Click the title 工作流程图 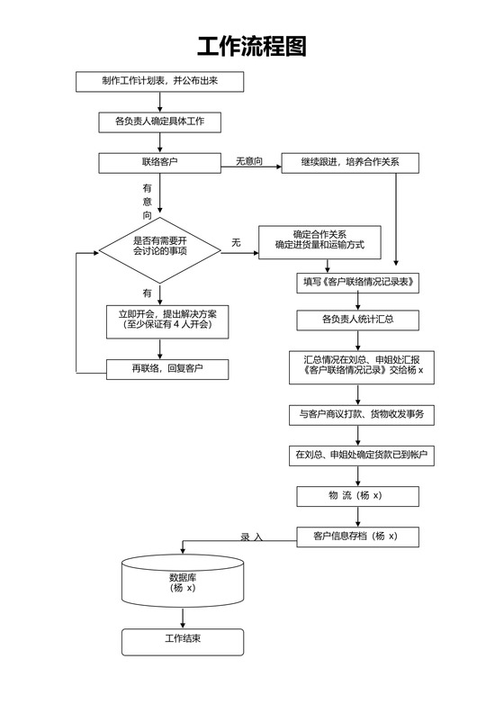(252, 46)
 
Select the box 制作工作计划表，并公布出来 (159, 81)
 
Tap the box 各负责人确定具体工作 (159, 122)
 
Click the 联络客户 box (159, 162)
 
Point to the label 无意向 (249, 161)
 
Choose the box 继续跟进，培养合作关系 (352, 163)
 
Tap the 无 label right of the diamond (236, 243)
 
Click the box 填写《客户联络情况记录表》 (358, 283)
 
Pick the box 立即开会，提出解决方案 (166, 319)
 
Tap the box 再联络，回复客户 (166, 369)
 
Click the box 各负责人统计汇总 (358, 320)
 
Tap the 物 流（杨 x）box (357, 496)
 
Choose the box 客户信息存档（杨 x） (359, 537)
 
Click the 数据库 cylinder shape (183, 582)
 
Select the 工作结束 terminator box (183, 641)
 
